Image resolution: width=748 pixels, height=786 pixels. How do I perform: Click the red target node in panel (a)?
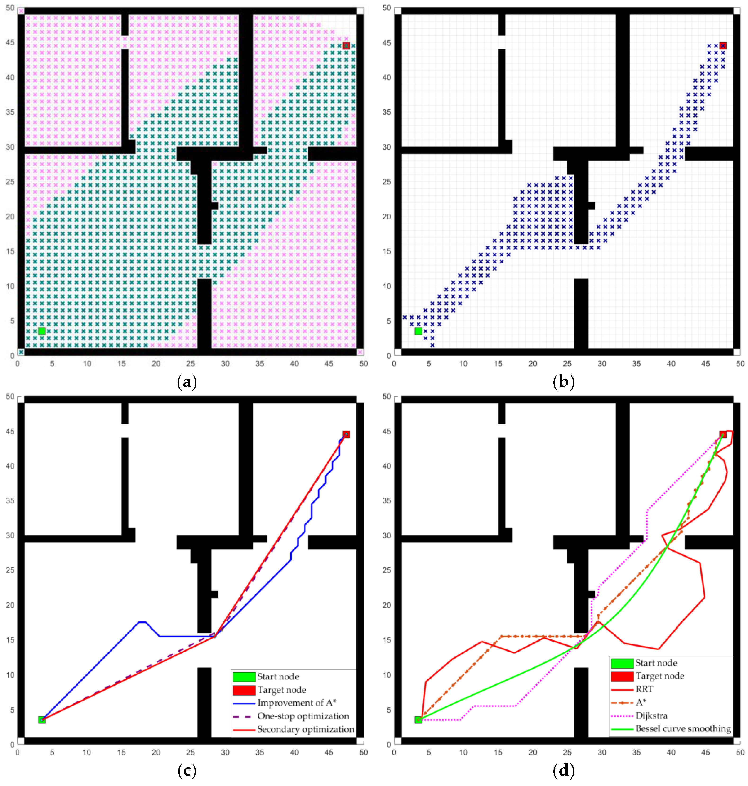click(x=346, y=46)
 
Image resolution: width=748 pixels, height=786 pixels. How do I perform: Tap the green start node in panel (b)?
click(x=418, y=331)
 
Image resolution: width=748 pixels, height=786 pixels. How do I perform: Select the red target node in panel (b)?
click(x=723, y=46)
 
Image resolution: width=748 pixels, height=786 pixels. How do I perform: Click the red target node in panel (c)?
click(x=346, y=434)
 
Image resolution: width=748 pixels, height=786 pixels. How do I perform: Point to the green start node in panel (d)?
click(x=418, y=720)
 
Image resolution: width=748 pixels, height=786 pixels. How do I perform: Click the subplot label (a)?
click(x=187, y=382)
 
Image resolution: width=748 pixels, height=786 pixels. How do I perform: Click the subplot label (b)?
click(x=563, y=382)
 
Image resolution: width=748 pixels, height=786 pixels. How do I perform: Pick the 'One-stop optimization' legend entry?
click(x=303, y=716)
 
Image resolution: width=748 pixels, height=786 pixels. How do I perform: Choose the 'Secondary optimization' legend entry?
click(x=305, y=729)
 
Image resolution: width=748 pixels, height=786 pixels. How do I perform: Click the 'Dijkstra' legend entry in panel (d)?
click(x=651, y=716)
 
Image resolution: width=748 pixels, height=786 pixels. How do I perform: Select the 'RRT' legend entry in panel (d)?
click(x=644, y=689)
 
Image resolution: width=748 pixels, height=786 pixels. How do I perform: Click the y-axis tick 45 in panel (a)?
click(x=10, y=43)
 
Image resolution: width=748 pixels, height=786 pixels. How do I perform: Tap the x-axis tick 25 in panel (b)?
click(x=567, y=364)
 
